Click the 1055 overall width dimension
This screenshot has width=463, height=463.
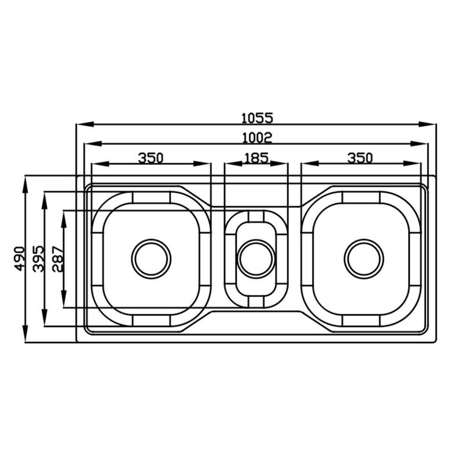coord(257,118)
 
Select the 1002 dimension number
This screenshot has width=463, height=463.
coord(257,138)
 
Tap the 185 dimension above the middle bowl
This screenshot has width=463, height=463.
coord(256,158)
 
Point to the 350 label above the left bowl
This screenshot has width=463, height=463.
coord(150,158)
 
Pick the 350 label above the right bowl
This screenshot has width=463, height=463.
coord(360,158)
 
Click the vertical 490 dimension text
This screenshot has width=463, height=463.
coord(20,259)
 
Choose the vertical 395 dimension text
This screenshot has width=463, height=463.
coord(39,259)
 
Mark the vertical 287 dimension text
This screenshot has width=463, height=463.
coord(58,259)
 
